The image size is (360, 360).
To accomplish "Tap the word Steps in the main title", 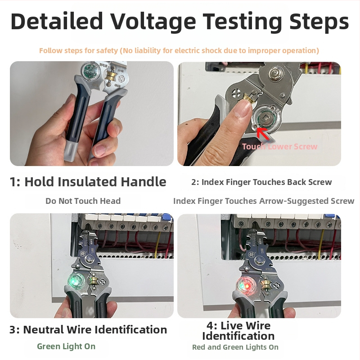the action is [319, 21].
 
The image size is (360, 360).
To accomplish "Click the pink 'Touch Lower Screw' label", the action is [279, 147].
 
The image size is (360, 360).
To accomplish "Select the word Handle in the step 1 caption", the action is [143, 182].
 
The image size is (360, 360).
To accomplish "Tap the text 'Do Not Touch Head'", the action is [83, 201].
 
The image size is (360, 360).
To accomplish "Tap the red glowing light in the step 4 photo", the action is [247, 286].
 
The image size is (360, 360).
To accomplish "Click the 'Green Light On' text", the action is [66, 346].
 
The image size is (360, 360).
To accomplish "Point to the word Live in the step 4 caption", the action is [233, 325].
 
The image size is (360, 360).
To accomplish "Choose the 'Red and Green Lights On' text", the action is [235, 347].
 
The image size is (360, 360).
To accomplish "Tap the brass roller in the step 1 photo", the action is [110, 77].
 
